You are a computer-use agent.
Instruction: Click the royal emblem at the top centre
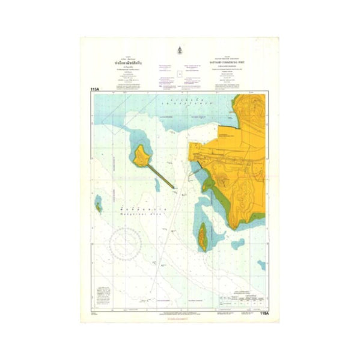point(180,50)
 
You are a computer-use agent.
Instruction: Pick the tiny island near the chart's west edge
point(97,207)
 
